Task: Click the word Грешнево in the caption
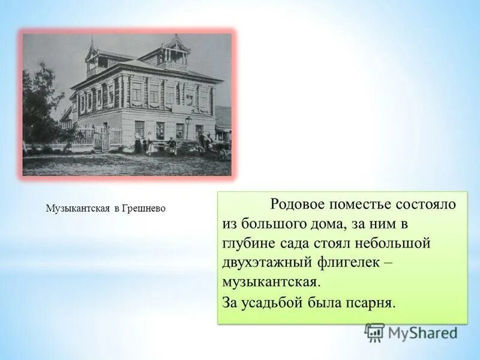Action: click(x=144, y=209)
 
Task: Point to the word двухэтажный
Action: click(x=266, y=262)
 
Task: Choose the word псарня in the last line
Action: click(x=371, y=302)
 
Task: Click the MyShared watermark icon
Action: click(x=374, y=332)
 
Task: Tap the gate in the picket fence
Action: click(x=101, y=138)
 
